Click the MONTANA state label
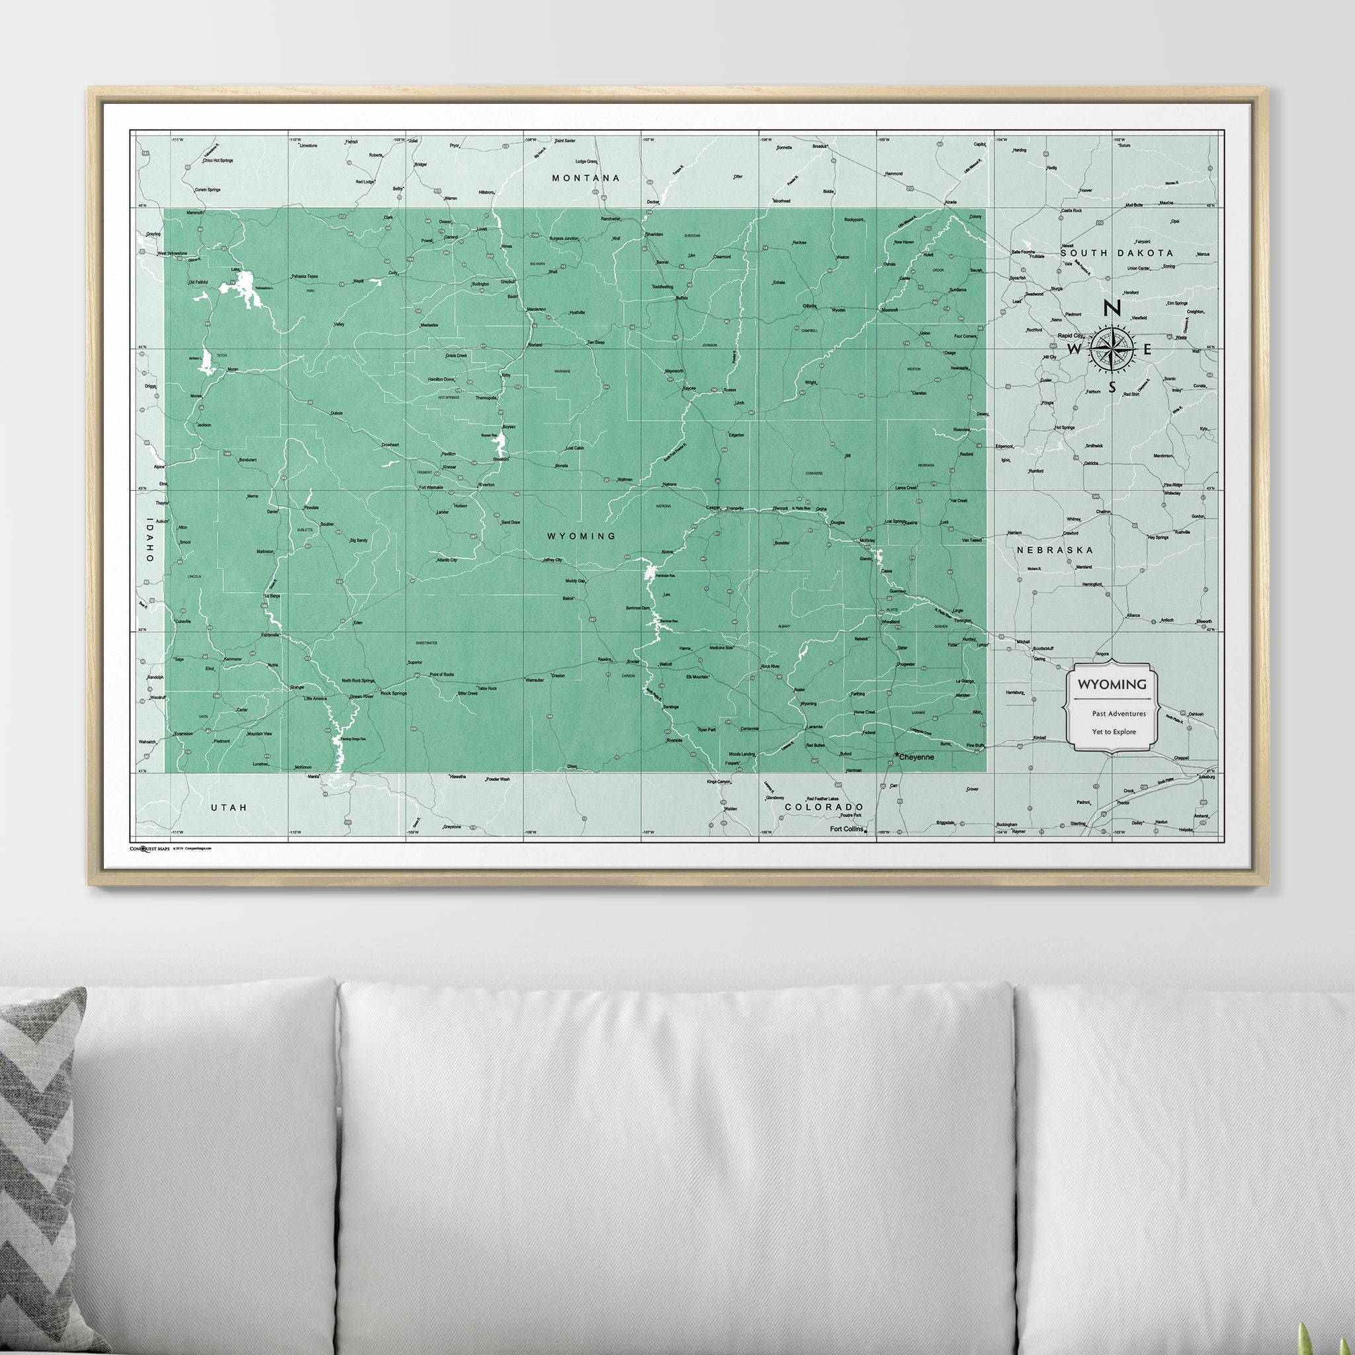coord(586,178)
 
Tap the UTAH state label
coord(230,808)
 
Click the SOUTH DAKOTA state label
coord(1117,253)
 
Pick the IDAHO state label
coord(149,539)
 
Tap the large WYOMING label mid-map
coord(582,536)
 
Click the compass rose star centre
coord(1112,349)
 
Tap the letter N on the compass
coord(1112,308)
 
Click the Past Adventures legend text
coord(1118,713)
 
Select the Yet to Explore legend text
coord(1113,732)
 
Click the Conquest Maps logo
coord(150,848)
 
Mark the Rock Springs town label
coord(394,693)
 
